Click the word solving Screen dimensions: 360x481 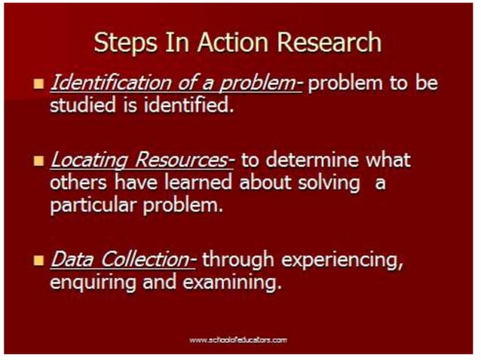[334, 183]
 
